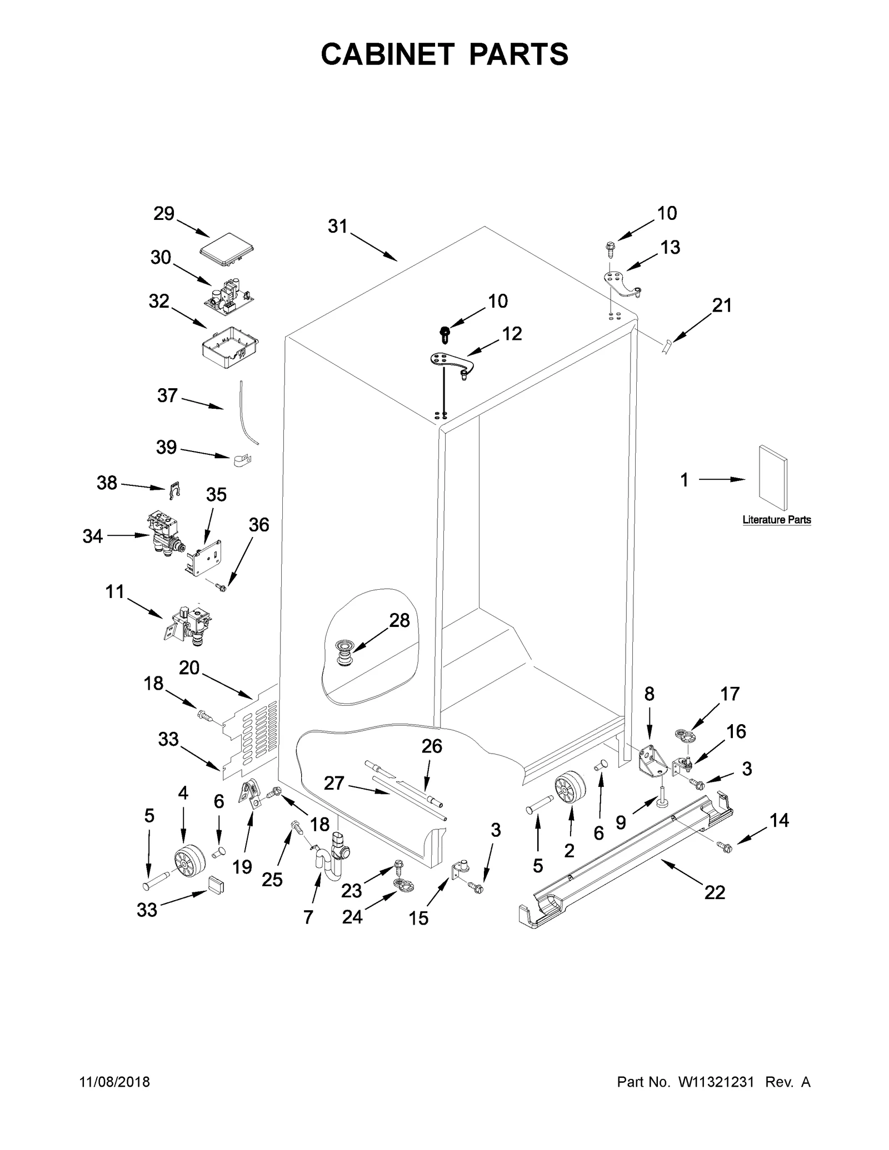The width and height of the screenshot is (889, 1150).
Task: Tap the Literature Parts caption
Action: (x=776, y=520)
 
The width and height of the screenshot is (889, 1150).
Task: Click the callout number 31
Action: (x=337, y=227)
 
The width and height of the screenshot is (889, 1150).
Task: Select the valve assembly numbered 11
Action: (x=189, y=624)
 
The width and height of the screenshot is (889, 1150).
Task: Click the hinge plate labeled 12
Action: (x=450, y=364)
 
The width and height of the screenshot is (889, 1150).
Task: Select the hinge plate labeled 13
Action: (x=622, y=282)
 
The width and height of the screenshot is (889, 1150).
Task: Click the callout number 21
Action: (x=722, y=305)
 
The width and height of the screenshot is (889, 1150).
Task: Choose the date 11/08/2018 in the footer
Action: (x=115, y=1082)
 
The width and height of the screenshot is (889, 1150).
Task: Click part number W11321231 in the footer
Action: (x=715, y=1082)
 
